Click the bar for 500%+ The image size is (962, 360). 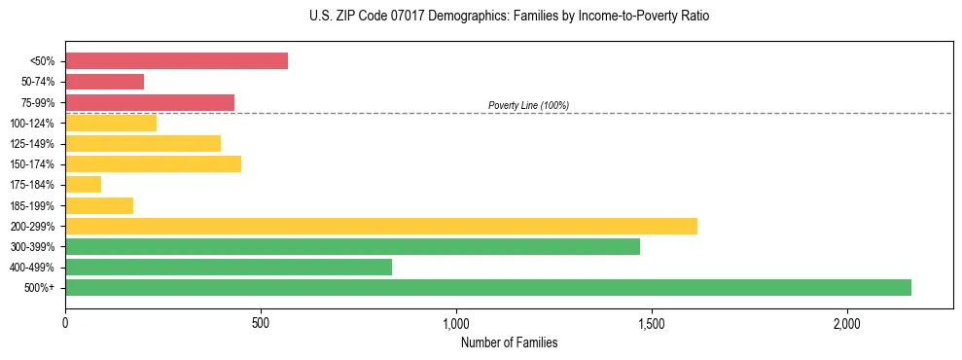click(x=488, y=288)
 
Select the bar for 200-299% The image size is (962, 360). click(x=381, y=227)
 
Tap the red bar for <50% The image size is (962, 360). click(x=176, y=61)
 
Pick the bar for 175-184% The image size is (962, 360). click(x=83, y=185)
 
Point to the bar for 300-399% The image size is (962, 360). click(x=352, y=247)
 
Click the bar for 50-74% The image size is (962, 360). click(x=104, y=82)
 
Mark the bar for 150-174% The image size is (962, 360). click(x=153, y=164)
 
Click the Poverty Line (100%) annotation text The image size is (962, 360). click(x=528, y=105)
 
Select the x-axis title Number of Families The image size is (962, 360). click(x=509, y=342)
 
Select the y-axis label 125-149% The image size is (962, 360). click(x=33, y=144)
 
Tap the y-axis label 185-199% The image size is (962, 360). click(x=33, y=206)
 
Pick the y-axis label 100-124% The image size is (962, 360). click(x=33, y=124)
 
